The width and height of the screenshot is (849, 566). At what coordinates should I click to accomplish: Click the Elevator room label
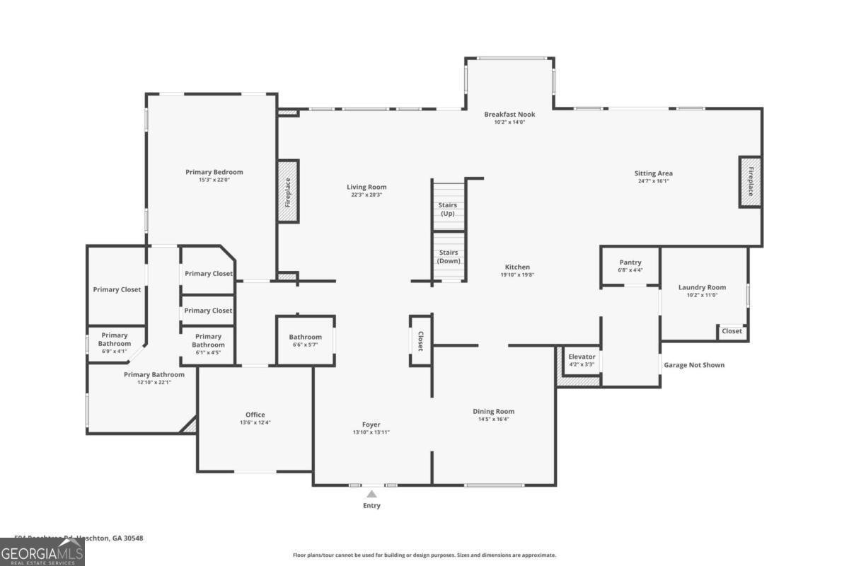coord(582,357)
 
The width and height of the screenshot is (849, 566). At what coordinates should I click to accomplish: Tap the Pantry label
coord(630,262)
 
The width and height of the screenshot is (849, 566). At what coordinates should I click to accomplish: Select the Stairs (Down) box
coord(448,256)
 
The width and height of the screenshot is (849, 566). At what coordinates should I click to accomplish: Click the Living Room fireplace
coord(288,191)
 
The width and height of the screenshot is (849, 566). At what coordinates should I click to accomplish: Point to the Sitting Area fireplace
coord(751,182)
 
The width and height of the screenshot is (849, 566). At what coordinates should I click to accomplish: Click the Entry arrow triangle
coord(371,494)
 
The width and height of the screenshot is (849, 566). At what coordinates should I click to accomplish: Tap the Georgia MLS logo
coord(42,552)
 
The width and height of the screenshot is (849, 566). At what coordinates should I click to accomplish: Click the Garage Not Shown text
coord(693,365)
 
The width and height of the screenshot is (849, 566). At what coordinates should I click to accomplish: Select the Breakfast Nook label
coord(509,114)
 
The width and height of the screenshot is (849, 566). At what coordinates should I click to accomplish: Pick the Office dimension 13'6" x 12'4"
coord(255,422)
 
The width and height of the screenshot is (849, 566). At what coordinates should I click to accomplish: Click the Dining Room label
coord(493,411)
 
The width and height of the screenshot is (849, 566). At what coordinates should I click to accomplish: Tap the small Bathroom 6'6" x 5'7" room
coord(305,340)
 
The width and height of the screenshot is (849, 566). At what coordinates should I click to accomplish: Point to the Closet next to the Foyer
coord(420,341)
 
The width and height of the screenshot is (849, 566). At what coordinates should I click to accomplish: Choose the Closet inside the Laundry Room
coord(732,331)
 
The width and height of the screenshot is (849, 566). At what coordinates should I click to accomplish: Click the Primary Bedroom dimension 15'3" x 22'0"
coord(214,180)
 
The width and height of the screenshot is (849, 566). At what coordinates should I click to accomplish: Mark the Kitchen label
coord(517,267)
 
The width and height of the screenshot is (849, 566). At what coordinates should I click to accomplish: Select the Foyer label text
coord(371,424)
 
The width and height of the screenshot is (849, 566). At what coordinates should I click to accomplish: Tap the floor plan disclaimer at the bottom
coord(424,555)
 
